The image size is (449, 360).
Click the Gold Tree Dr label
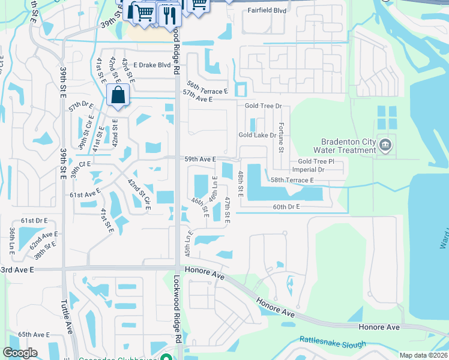263,106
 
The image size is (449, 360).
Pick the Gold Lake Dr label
257,136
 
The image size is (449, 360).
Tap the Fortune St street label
281,137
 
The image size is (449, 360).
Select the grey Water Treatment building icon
385,145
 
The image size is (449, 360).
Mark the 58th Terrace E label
292,180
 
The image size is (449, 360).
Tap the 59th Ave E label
200,159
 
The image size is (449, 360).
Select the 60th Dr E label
286,206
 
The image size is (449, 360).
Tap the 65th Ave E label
34,334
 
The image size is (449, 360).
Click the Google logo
20,353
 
